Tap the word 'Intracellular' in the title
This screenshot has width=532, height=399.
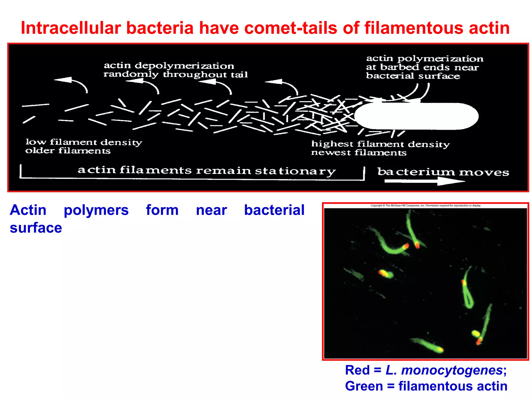coord(71,28)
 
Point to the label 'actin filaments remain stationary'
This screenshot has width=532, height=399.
coord(207,170)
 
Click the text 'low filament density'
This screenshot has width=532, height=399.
coord(84,142)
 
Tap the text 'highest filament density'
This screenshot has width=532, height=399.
coord(380,144)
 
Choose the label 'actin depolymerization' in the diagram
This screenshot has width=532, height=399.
coord(169,65)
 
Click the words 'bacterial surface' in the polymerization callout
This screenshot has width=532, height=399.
coord(413,76)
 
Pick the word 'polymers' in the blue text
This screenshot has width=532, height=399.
coord(96,210)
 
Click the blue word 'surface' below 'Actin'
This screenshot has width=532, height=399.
coord(36,228)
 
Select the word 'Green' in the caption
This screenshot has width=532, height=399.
coord(364,386)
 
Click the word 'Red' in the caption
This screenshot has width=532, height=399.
coord(357,370)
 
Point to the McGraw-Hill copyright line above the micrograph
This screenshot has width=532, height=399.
coord(425,205)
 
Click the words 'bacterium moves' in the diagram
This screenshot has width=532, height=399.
coord(443,172)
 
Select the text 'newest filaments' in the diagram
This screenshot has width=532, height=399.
coord(359,152)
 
